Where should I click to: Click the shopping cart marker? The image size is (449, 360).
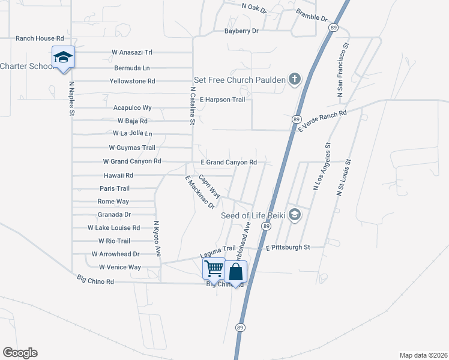214,269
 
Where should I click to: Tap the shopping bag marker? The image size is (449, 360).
237,272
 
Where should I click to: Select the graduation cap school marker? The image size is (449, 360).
63,58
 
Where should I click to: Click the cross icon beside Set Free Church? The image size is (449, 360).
294,80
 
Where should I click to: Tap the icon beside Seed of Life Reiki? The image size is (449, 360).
294,215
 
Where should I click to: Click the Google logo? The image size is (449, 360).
20,353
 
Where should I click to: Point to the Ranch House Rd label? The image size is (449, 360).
40,38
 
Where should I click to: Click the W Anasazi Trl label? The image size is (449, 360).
132,52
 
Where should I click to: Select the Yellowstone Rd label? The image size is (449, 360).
132,81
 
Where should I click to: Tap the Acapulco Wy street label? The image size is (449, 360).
132,108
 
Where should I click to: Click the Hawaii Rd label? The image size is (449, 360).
117,175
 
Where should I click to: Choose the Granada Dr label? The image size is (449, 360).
114,214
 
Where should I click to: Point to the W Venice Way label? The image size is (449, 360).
120,267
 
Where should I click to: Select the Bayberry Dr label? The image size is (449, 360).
241,31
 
